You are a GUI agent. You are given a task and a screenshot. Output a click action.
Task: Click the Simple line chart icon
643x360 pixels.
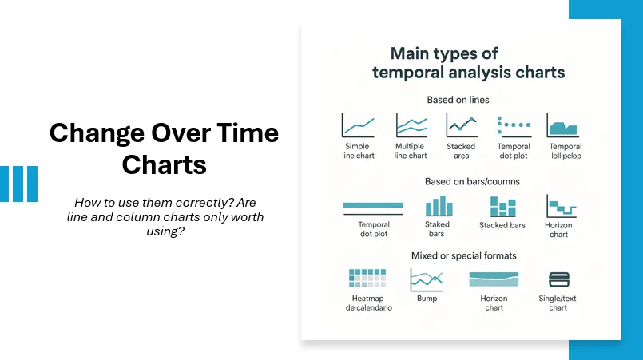[358, 125]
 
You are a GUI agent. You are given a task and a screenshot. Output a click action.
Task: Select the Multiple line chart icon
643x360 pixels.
[411, 125]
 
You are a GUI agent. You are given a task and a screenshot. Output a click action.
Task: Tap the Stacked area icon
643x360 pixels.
[461, 125]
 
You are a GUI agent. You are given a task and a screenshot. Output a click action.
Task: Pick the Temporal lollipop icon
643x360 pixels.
[563, 125]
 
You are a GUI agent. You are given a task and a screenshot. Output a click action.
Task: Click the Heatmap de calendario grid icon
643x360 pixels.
[367, 279]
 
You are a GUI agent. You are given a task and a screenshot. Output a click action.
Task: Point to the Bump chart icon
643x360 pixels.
[426, 279]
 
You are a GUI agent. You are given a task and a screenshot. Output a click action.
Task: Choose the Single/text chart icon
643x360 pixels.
[558, 279]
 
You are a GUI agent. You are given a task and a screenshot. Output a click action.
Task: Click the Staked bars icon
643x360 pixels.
[437, 206]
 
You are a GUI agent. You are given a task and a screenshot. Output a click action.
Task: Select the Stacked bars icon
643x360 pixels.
[502, 207]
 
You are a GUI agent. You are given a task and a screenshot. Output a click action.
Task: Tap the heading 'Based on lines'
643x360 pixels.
[458, 100]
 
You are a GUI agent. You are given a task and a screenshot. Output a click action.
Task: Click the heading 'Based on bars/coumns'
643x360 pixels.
[461, 181]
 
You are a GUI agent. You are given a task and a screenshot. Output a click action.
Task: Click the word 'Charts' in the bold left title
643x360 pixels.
[164, 164]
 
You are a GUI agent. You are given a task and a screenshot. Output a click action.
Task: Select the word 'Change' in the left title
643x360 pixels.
[93, 133]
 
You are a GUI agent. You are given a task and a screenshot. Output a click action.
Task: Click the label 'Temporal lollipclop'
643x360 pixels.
[565, 151]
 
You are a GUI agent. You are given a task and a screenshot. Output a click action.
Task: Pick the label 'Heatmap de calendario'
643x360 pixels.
[368, 303]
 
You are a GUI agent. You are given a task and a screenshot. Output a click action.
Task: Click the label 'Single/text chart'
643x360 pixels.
[558, 303]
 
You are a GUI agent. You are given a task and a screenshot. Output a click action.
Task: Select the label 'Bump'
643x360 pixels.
[427, 299]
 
